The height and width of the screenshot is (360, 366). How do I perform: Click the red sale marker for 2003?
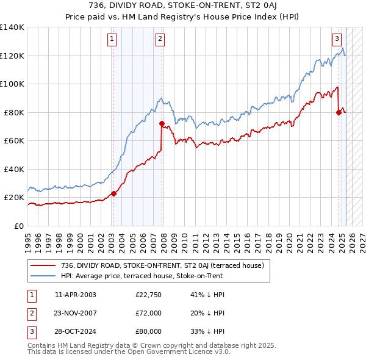113,194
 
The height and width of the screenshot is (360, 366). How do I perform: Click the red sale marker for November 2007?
162,123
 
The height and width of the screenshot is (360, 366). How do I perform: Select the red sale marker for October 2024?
339,112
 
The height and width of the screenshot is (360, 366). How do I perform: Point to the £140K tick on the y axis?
12,27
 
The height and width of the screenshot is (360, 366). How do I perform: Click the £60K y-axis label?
14,141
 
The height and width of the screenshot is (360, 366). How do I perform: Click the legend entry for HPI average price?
142,276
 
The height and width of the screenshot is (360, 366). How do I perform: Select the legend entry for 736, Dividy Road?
162,265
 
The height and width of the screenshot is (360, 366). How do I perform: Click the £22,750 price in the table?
148,295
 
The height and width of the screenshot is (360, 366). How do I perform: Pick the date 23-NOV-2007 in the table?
76,313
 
